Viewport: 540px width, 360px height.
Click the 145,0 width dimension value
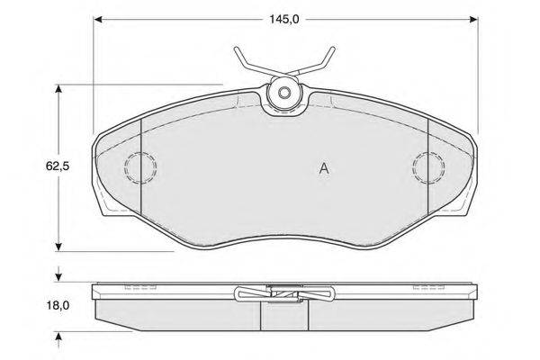tap(284, 19)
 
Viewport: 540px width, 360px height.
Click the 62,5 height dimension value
tap(58, 166)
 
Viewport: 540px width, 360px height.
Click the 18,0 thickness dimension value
tap(58, 305)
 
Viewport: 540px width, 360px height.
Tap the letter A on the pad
tap(324, 168)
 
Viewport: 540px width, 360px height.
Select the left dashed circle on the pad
tap(125, 167)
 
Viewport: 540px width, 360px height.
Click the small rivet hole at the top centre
tap(284, 93)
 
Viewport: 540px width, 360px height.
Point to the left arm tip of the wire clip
tap(236, 49)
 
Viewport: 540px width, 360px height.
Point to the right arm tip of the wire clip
tap(333, 49)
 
